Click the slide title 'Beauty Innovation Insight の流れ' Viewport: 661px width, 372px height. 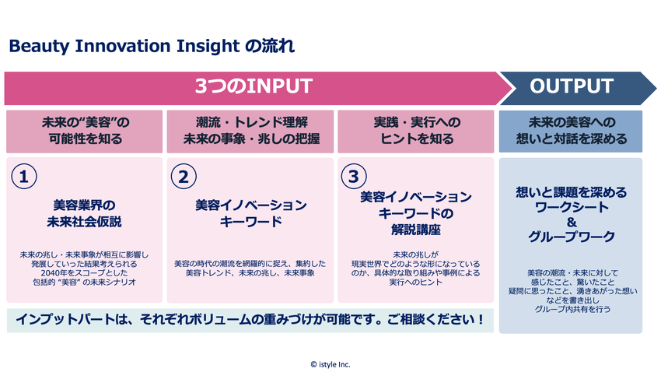coord(152,46)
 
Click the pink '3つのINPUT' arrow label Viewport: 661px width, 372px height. coord(254,86)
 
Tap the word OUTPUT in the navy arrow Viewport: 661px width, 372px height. coord(572,86)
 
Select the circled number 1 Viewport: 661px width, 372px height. coord(24,177)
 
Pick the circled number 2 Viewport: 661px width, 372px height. coord(184,177)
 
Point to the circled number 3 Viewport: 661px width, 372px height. coord(354,177)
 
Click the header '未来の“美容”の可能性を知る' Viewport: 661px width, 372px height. coord(85,131)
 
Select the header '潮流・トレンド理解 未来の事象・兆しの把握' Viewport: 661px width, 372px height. coord(251,131)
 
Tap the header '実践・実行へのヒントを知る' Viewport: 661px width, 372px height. coord(417,131)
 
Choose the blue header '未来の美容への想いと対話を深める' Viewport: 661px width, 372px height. coord(572,131)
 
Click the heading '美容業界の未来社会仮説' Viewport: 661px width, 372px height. coord(84,213)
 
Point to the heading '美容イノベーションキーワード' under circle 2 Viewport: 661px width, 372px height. coord(251,213)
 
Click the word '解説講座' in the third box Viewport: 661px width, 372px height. coord(416,230)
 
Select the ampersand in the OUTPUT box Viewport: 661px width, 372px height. coord(572,222)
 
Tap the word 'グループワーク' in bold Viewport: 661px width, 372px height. coord(572,237)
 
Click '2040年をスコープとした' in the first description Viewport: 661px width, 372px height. coord(84,273)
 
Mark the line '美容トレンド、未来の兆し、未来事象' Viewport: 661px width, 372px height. coord(250,273)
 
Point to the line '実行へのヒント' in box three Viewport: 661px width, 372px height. coord(416,283)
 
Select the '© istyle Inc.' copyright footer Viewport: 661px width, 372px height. coord(330,364)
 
